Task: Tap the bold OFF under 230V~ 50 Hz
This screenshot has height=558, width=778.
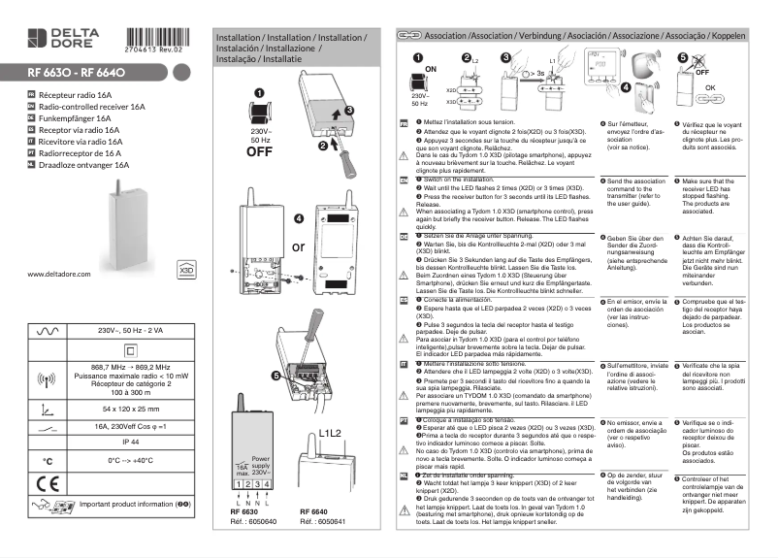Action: tap(259, 151)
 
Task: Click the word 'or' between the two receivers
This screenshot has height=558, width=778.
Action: tap(299, 246)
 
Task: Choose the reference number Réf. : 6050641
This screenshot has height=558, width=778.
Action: tap(322, 521)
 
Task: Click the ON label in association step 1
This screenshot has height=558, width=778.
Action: tap(431, 70)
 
